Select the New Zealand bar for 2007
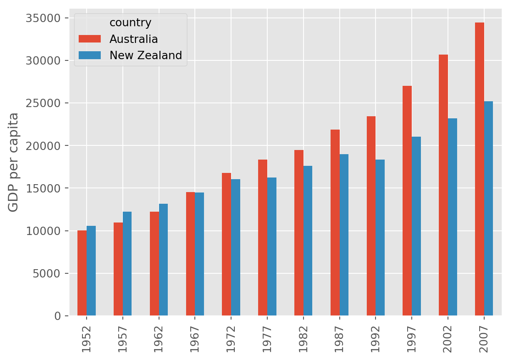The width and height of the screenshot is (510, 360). (488, 208)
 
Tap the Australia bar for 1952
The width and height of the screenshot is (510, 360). (82, 273)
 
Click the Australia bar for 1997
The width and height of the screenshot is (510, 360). (407, 200)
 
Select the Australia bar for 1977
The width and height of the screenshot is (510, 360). (263, 237)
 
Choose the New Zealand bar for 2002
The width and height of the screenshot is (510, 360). (453, 217)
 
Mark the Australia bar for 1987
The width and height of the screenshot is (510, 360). (335, 222)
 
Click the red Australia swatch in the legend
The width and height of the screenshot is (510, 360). (90, 39)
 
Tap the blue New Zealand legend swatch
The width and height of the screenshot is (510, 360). (90, 55)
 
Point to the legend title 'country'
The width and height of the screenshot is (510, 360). (130, 22)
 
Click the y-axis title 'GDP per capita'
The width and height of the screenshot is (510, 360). (13, 162)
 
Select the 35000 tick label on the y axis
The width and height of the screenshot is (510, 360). (43, 18)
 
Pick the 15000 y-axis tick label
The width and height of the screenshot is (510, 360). (43, 188)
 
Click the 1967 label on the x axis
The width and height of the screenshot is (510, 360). (195, 337)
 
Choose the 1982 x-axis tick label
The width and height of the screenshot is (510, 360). (303, 337)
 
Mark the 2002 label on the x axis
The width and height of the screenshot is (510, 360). (448, 337)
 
